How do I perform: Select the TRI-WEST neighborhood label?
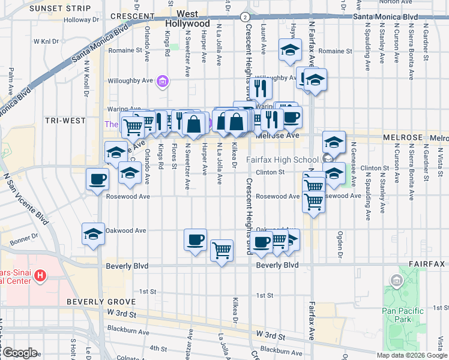65,121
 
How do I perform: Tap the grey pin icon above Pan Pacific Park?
396,280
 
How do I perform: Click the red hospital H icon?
40,276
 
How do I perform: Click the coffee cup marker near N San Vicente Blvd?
97,179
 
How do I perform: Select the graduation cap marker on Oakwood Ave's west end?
94,235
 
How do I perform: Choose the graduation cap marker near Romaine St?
291,50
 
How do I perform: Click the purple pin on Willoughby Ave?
161,80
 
